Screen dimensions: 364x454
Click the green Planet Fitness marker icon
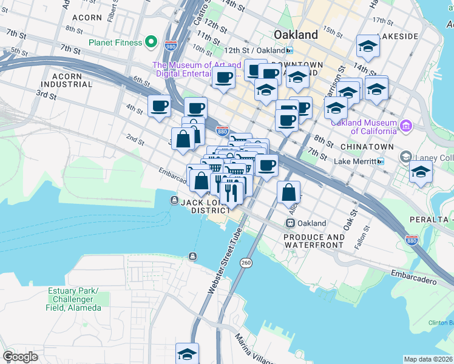[152, 43]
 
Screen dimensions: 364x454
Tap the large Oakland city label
[296, 35]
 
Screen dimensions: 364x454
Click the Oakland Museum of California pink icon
[405, 126]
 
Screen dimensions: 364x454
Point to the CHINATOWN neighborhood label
[364, 147]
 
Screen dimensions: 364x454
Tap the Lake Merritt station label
[355, 161]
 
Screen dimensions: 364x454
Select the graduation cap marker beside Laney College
[421, 172]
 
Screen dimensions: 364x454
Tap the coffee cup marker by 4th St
[160, 106]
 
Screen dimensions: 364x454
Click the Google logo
[20, 357]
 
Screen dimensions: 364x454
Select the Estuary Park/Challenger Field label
[74, 299]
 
